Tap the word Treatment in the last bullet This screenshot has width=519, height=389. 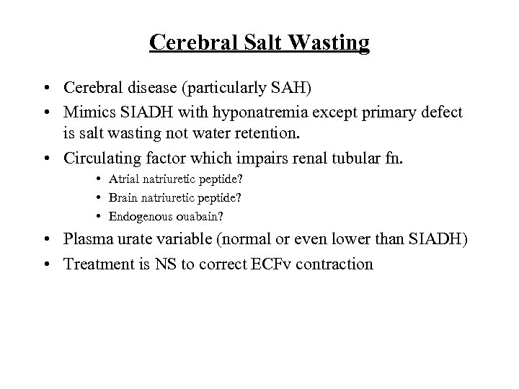click(96, 264)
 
